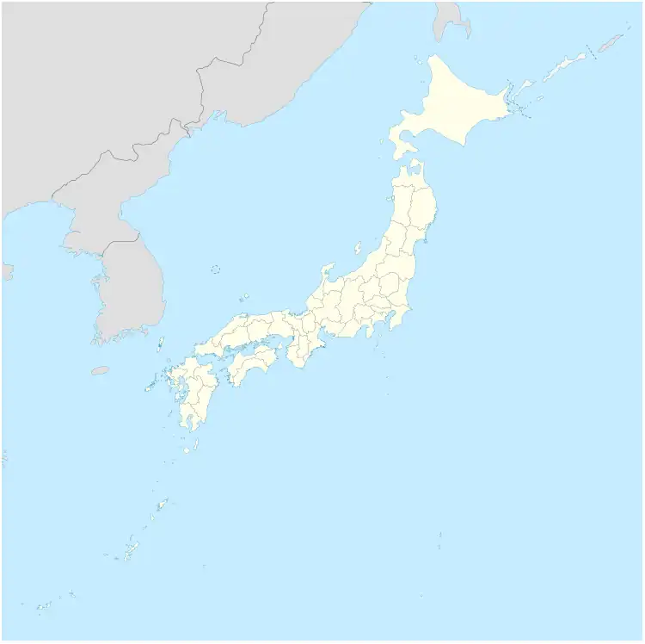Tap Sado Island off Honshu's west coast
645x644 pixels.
(x=358, y=248)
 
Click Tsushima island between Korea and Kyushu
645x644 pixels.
(x=161, y=344)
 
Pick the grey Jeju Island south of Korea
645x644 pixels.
(x=101, y=370)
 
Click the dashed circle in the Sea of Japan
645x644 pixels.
(x=216, y=269)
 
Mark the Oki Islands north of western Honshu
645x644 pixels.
(x=244, y=299)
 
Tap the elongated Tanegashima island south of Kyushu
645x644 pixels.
(x=198, y=444)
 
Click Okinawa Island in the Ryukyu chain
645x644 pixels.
(x=129, y=548)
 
